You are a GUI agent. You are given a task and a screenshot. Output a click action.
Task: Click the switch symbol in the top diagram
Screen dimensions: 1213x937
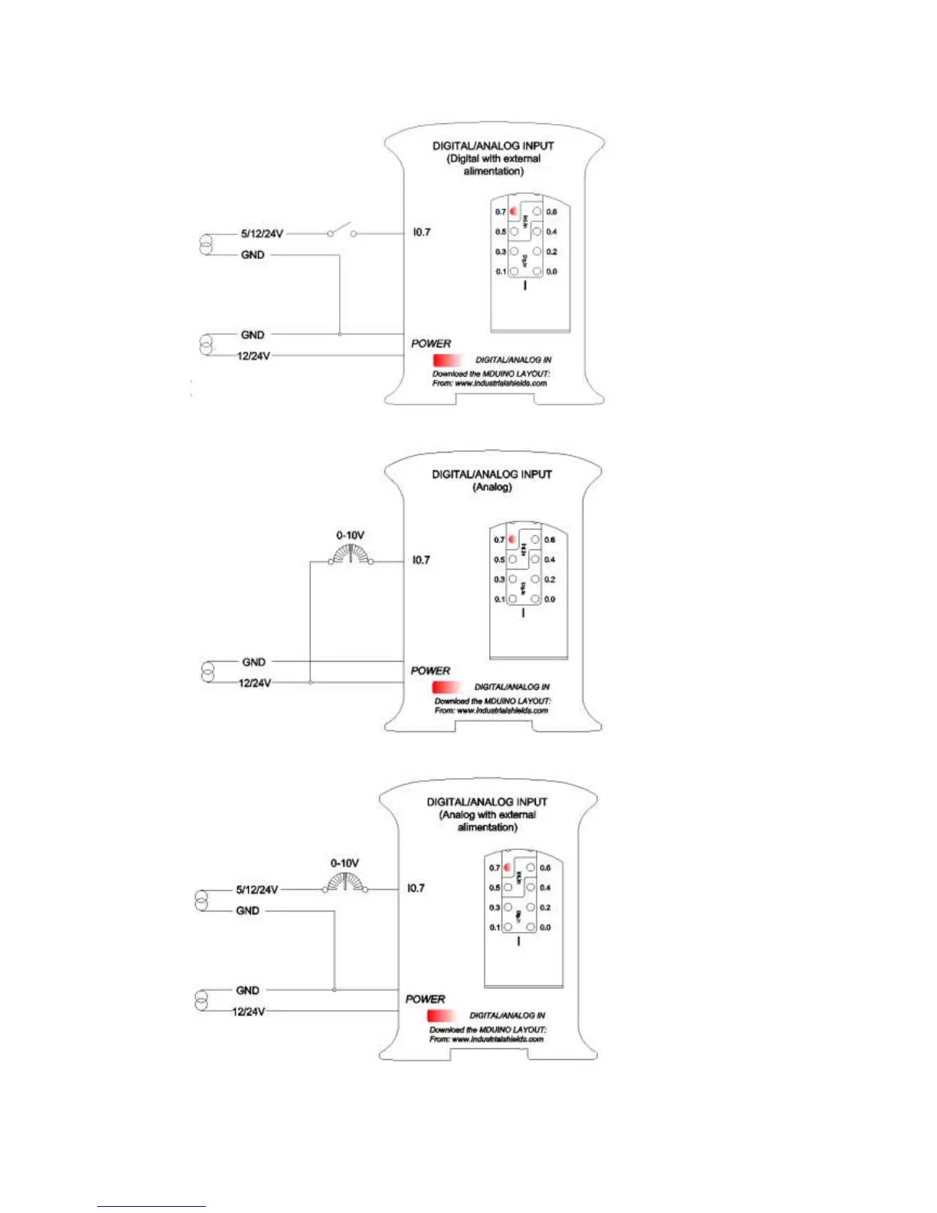click(x=341, y=231)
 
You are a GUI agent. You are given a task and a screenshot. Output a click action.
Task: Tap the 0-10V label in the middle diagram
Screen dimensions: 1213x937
click(x=350, y=535)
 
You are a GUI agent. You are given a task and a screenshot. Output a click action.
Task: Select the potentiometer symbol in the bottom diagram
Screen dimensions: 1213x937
click(x=344, y=883)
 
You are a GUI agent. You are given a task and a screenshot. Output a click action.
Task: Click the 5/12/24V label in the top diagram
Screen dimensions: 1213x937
click(x=262, y=234)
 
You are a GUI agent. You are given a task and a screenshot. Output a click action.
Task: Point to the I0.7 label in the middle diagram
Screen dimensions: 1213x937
click(x=421, y=560)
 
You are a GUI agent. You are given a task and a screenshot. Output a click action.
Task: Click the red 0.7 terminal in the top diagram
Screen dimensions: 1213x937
click(x=514, y=211)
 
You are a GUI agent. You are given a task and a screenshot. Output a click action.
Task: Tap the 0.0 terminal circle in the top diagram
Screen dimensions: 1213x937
click(x=537, y=272)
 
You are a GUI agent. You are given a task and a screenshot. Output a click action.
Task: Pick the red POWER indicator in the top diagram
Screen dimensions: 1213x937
click(x=448, y=360)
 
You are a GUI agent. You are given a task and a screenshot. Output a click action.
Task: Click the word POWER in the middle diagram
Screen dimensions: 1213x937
click(x=430, y=671)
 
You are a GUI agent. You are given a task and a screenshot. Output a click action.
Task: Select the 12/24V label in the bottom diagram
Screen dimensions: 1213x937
click(x=249, y=1012)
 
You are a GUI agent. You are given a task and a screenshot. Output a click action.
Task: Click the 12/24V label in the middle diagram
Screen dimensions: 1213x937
click(x=255, y=683)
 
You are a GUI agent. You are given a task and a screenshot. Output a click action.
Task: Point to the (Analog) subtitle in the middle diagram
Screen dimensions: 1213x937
click(x=492, y=487)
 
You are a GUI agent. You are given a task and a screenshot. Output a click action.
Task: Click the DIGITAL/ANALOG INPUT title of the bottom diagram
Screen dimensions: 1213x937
click(x=487, y=802)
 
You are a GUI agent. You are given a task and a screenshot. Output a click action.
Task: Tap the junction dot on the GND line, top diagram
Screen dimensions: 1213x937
click(x=339, y=334)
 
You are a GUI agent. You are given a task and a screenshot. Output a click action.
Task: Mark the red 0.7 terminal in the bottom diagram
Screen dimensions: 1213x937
click(x=508, y=868)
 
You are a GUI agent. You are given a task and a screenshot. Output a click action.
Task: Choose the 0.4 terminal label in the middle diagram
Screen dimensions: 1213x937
click(x=550, y=560)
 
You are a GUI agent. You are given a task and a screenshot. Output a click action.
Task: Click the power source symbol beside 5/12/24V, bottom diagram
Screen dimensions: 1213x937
click(x=201, y=901)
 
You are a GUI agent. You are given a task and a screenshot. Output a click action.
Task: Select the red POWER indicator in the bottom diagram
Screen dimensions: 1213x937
click(x=442, y=1015)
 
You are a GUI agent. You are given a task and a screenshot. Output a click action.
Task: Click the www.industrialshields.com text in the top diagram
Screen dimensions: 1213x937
click(x=501, y=383)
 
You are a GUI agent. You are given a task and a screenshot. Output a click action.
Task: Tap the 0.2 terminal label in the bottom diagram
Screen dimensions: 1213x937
click(x=545, y=907)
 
